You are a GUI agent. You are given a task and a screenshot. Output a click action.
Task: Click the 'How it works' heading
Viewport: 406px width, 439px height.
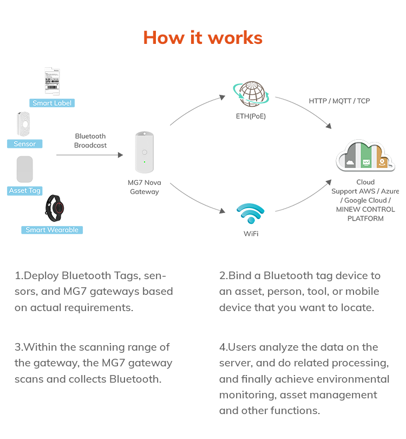(x=202, y=37)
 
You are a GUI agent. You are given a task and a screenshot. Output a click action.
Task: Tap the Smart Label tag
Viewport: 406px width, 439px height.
(x=51, y=103)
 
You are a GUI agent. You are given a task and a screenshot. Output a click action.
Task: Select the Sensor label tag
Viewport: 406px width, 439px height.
(x=24, y=144)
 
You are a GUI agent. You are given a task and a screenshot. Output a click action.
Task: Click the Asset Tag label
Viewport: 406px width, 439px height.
(x=25, y=191)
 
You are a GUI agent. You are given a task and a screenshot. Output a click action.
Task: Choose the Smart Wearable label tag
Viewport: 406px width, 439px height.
(x=52, y=230)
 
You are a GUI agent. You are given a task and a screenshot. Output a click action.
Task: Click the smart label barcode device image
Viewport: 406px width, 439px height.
(x=52, y=81)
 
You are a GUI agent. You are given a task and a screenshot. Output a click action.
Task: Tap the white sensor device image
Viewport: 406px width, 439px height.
(x=24, y=124)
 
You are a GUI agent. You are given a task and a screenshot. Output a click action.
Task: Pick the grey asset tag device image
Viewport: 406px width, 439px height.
(x=25, y=169)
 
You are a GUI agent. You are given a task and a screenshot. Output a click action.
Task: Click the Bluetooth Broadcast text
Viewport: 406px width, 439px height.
(x=90, y=141)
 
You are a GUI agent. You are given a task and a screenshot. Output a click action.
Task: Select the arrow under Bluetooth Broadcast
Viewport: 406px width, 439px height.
(x=90, y=155)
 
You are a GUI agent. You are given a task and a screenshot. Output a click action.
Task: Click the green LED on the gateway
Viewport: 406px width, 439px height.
(x=145, y=162)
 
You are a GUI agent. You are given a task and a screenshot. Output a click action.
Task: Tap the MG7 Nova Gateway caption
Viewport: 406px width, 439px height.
(x=145, y=187)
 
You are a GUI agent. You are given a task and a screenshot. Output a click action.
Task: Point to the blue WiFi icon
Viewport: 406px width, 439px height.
(x=251, y=214)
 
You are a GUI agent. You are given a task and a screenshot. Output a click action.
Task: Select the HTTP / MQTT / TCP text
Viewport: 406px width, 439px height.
(x=339, y=101)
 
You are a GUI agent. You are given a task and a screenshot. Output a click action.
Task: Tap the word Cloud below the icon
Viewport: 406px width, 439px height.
(x=365, y=183)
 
